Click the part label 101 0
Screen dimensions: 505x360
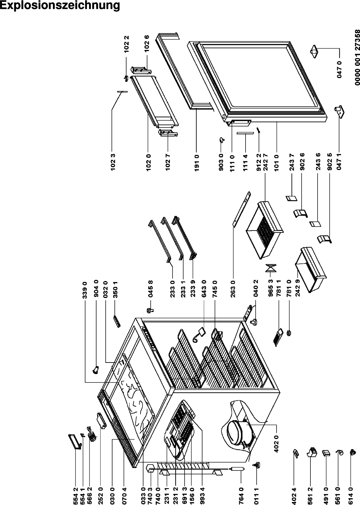pyautogui.click(x=277, y=160)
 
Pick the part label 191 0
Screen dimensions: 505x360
pyautogui.click(x=197, y=160)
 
